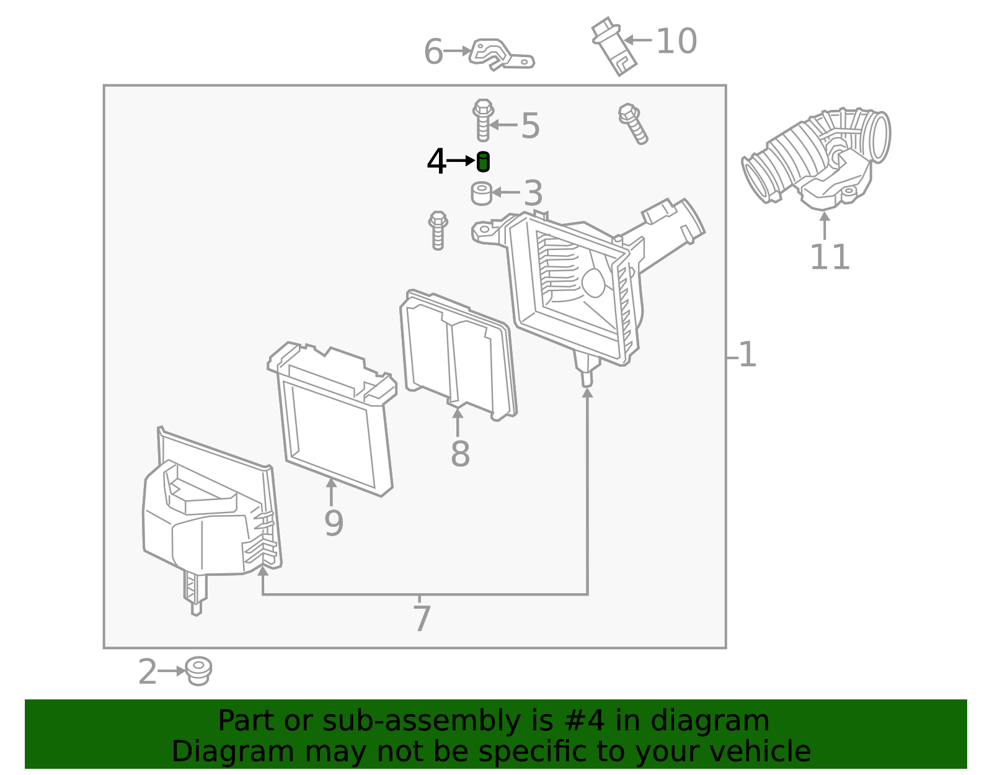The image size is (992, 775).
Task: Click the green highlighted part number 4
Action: coord(483,162)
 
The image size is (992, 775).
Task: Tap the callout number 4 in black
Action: coord(436,162)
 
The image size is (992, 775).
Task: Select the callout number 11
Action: coord(830,258)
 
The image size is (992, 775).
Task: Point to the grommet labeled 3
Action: coord(481,193)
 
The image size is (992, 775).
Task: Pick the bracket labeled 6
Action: coord(500,54)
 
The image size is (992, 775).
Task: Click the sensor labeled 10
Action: coord(614,47)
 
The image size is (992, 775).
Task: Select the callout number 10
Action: coord(676,42)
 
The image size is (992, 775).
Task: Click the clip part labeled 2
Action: coord(198,671)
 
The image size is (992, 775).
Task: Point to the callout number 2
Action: coord(148,672)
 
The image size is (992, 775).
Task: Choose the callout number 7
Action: coord(422,619)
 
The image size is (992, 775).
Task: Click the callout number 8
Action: coord(460,454)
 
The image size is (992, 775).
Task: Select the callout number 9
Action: coord(334,523)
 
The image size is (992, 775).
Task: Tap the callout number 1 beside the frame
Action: coord(748,356)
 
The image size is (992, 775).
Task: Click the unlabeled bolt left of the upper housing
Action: coord(438,230)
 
